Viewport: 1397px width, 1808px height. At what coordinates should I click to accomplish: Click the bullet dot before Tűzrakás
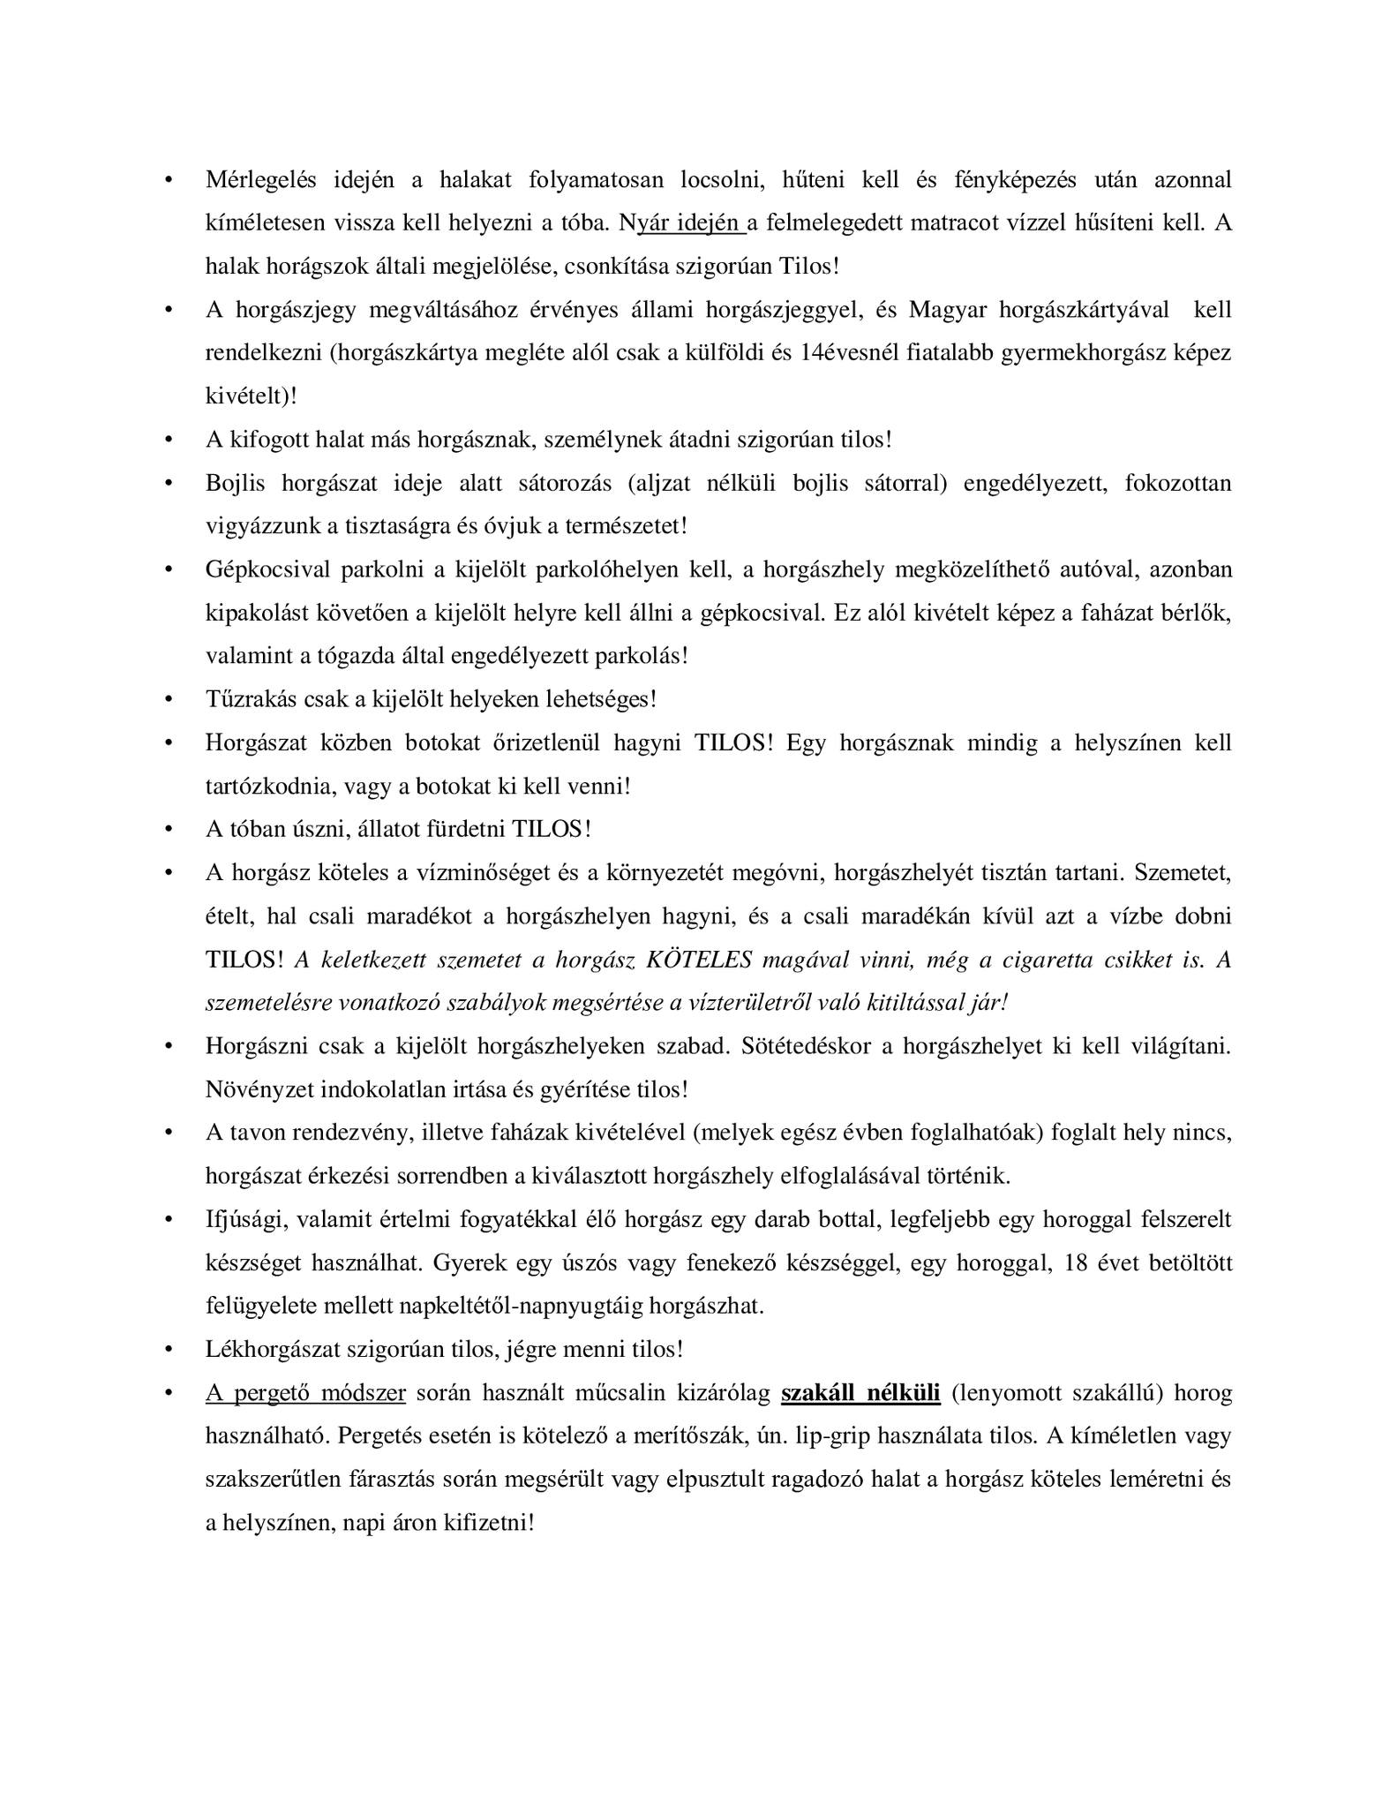pos(169,700)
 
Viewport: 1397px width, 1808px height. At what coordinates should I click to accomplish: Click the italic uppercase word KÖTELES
pos(700,960)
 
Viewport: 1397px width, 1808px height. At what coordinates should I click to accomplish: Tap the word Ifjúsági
pos(245,1220)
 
